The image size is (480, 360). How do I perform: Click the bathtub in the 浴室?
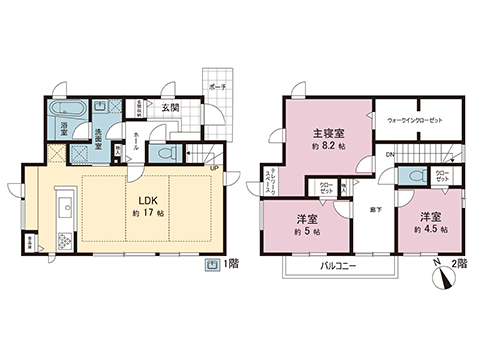click(70, 107)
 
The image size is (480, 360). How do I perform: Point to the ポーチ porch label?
click(219, 87)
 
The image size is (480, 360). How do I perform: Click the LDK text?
click(146, 198)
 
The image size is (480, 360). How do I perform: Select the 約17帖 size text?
click(146, 213)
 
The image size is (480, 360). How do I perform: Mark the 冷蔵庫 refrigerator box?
click(32, 241)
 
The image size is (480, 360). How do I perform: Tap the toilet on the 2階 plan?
click(406, 176)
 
